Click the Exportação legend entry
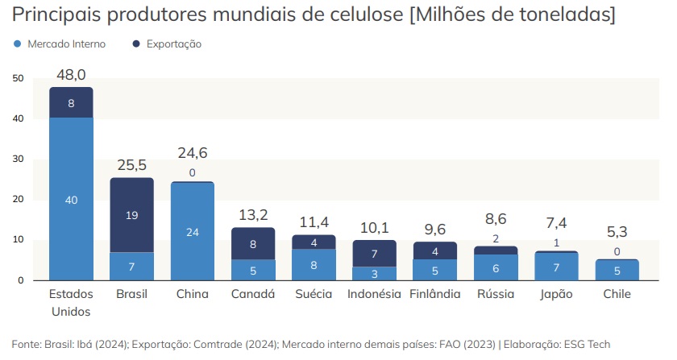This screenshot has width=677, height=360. (x=173, y=44)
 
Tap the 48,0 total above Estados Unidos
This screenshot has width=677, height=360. (x=71, y=74)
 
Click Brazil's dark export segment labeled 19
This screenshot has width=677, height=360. (x=131, y=215)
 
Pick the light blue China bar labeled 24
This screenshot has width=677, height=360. (x=193, y=232)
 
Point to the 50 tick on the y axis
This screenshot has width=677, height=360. (x=19, y=78)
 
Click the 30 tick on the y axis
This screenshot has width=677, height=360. (x=19, y=159)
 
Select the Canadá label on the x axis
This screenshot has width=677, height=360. (x=253, y=294)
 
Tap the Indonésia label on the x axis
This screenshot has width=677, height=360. (x=374, y=294)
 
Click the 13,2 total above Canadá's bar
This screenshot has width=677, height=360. (x=253, y=214)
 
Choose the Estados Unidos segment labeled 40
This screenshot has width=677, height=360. (x=71, y=200)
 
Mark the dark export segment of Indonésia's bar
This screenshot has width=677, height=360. (x=374, y=254)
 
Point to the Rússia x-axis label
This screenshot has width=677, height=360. (x=496, y=294)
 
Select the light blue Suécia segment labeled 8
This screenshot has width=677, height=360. (x=314, y=264)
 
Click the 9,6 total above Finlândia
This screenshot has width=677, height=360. (x=435, y=229)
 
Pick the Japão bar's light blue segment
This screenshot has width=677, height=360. (x=556, y=267)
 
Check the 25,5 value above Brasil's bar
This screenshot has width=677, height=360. (x=131, y=165)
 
